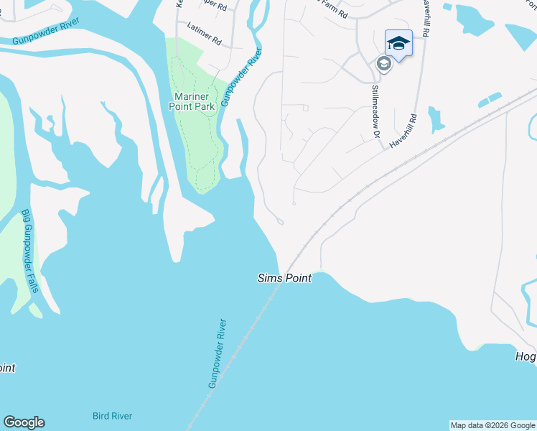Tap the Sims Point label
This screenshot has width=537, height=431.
point(284,278)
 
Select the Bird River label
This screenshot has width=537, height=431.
point(112,416)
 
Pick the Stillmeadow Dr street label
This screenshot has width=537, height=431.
point(375,111)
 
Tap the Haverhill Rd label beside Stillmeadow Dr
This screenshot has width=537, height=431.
point(403,131)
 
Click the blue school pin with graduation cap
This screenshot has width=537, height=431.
point(398,45)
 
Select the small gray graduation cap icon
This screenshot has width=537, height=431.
point(383,64)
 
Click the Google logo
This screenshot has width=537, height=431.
point(24,422)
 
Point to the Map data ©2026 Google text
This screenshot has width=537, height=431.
point(492,425)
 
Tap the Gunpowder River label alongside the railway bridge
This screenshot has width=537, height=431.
point(218,354)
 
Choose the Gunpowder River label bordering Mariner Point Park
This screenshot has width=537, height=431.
point(241,78)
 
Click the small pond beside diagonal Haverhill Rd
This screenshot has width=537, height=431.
point(435,120)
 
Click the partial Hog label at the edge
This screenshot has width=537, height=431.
point(526,357)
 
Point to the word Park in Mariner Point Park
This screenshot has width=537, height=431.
point(205,106)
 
